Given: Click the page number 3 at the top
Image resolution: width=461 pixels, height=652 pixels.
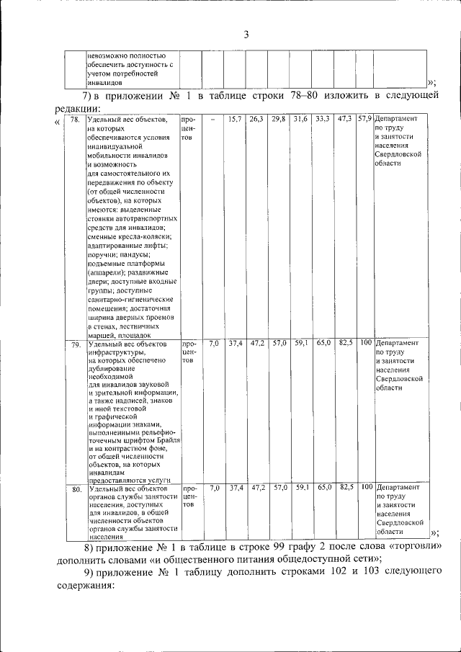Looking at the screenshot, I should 246,35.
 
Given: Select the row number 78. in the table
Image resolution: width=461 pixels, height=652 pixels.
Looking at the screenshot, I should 75,120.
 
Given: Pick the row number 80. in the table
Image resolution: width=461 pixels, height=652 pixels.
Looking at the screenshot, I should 75,490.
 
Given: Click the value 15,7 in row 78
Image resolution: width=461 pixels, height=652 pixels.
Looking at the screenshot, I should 234,119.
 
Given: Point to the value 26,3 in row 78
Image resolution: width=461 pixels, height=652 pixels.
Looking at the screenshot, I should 256,119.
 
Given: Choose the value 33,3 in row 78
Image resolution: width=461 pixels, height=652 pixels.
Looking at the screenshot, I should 322,119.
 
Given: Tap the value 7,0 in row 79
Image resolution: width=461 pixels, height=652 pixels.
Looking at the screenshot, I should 213,344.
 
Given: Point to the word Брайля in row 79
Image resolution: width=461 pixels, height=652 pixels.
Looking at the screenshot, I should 165,439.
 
